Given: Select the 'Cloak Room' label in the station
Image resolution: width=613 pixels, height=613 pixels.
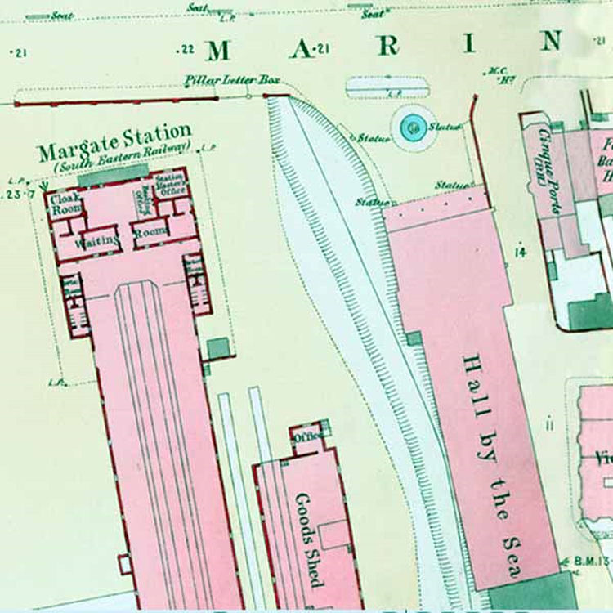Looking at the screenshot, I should pyautogui.click(x=65, y=204).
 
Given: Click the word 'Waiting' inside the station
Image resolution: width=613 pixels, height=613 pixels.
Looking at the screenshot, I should pyautogui.click(x=98, y=242).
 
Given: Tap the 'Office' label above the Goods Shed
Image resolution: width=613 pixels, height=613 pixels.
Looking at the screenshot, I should pyautogui.click(x=309, y=437).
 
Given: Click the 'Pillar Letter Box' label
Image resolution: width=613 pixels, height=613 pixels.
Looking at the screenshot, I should pyautogui.click(x=232, y=79).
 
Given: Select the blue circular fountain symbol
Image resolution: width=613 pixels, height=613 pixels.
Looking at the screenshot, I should pyautogui.click(x=414, y=127).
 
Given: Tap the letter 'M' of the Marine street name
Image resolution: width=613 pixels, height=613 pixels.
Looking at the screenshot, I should pyautogui.click(x=218, y=51).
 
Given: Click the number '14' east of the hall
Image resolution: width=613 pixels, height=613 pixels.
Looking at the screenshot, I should pyautogui.click(x=520, y=252).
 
